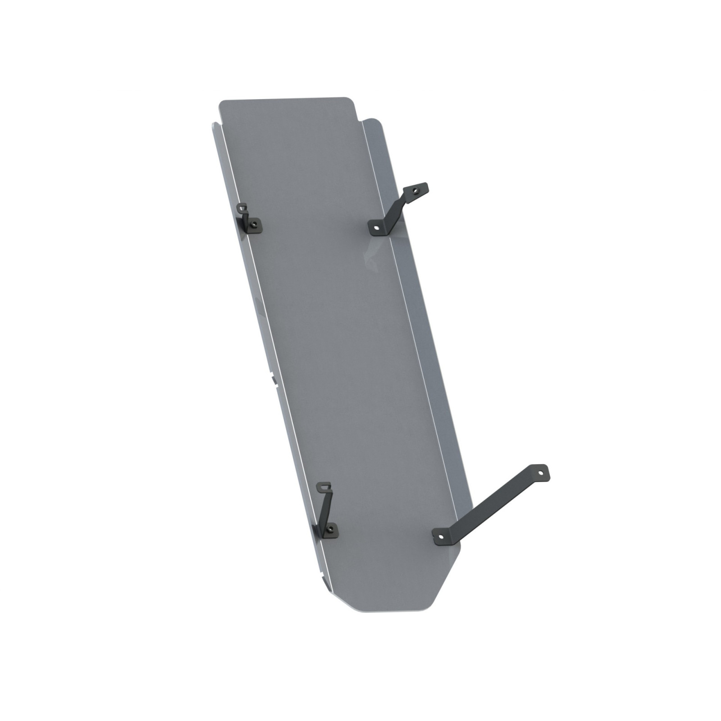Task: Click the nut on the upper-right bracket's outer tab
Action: (415, 190)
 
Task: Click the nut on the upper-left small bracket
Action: (255, 223)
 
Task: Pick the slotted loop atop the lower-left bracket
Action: (325, 487)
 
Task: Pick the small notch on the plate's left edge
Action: (274, 379)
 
